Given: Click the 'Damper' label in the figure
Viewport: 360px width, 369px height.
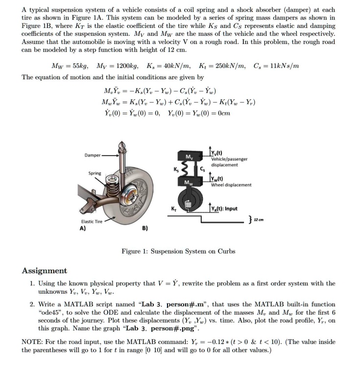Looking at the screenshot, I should (x=92, y=155).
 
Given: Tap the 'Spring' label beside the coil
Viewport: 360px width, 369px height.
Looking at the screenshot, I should (x=95, y=173).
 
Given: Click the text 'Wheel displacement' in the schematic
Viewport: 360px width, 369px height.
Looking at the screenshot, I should (x=231, y=185).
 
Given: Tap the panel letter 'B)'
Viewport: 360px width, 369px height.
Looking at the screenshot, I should (x=144, y=228).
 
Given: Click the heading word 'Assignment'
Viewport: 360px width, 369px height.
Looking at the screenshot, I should (x=45, y=271).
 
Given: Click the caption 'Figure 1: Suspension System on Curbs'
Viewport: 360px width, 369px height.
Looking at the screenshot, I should (x=178, y=251).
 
